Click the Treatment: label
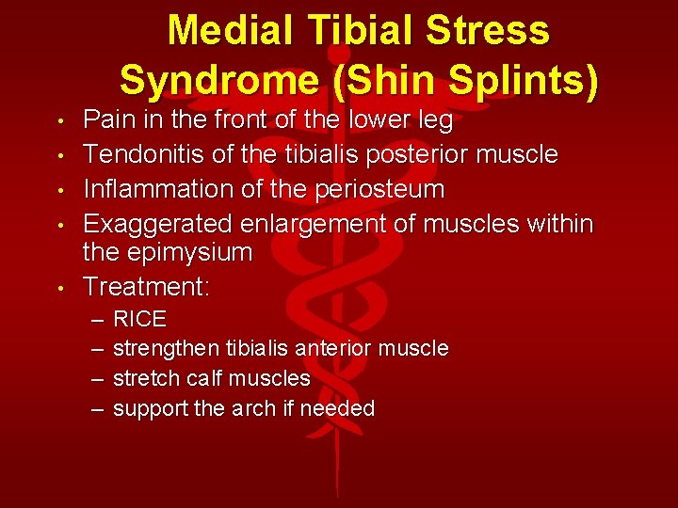[145, 286]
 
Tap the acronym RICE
[139, 319]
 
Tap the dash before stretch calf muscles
[98, 378]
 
